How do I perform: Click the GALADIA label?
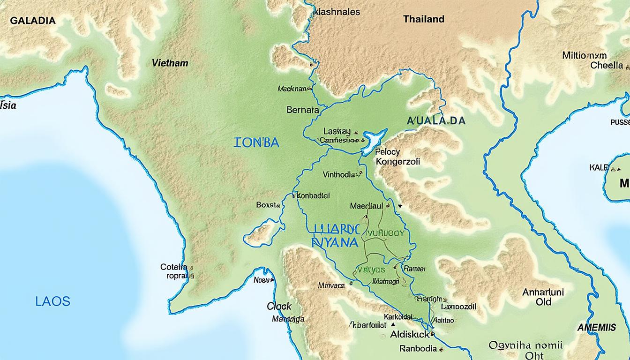pyautogui.click(x=33, y=21)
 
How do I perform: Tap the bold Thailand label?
pyautogui.click(x=423, y=19)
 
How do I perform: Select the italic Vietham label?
pyautogui.click(x=170, y=63)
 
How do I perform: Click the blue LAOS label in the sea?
pyautogui.click(x=52, y=301)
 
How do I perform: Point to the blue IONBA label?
pyautogui.click(x=256, y=142)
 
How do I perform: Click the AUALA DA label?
pyautogui.click(x=436, y=121)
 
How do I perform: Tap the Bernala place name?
pyautogui.click(x=302, y=110)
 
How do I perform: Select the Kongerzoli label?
pyautogui.click(x=398, y=161)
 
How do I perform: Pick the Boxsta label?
pyautogui.click(x=268, y=205)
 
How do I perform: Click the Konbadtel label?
pyautogui.click(x=313, y=196)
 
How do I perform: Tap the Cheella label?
pyautogui.click(x=606, y=66)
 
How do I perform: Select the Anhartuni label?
pyautogui.click(x=543, y=292)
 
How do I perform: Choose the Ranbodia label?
pyautogui.click(x=418, y=348)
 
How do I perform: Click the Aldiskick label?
pyautogui.click(x=410, y=335)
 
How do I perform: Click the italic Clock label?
pyautogui.click(x=279, y=307)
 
